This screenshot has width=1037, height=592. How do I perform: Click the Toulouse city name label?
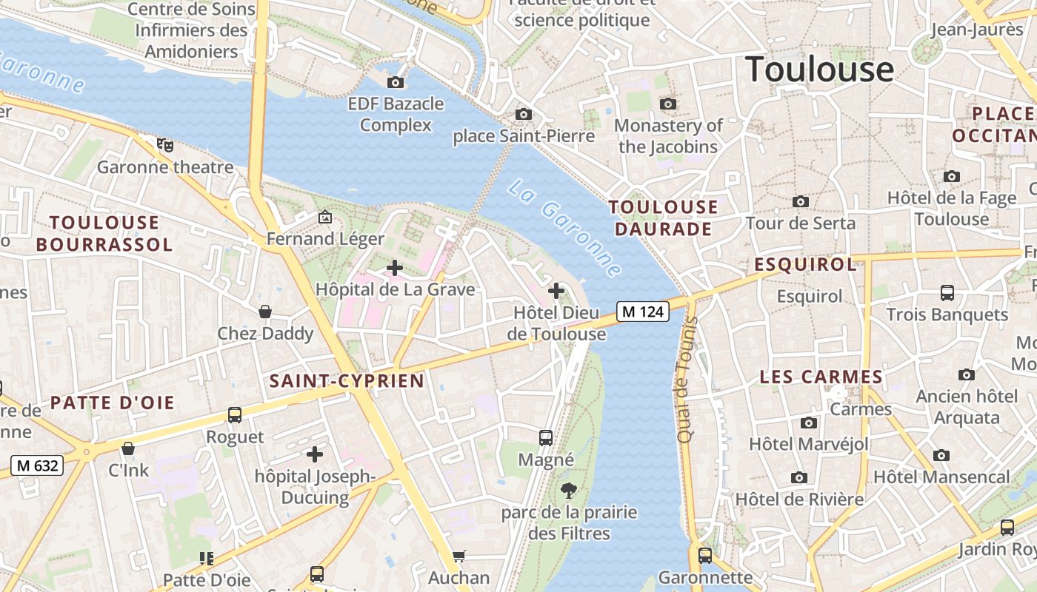coord(819,69)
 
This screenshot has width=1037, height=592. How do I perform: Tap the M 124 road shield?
coord(642,312)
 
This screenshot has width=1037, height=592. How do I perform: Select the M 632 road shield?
coord(37,465)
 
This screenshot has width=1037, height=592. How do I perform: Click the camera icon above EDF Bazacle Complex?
coord(396,82)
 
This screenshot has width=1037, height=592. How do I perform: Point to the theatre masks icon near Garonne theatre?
coord(165,144)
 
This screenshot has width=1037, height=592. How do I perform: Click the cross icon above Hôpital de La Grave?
coord(395,268)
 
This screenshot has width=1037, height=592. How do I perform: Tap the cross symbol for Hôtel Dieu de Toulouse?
coord(556,291)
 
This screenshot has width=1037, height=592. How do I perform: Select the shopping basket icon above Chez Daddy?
coord(264,312)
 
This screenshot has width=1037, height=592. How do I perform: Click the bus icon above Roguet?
coord(235,414)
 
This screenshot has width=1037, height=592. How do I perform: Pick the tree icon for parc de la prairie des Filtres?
coord(569,490)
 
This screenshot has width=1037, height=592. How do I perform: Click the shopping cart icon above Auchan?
coord(459,556)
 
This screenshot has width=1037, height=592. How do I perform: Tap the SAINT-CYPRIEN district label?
coord(347,381)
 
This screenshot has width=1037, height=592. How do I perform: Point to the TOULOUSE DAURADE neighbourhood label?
coord(663,218)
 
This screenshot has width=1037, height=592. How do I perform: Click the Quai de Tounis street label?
coord(686,380)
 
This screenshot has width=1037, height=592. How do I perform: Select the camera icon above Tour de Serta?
coord(800,201)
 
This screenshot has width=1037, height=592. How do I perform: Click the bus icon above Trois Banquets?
coord(947,292)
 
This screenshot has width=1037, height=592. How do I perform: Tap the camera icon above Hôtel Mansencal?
coord(941,455)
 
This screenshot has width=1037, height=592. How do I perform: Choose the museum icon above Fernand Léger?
coord(324,217)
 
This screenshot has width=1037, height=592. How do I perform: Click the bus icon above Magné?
coord(546,437)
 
